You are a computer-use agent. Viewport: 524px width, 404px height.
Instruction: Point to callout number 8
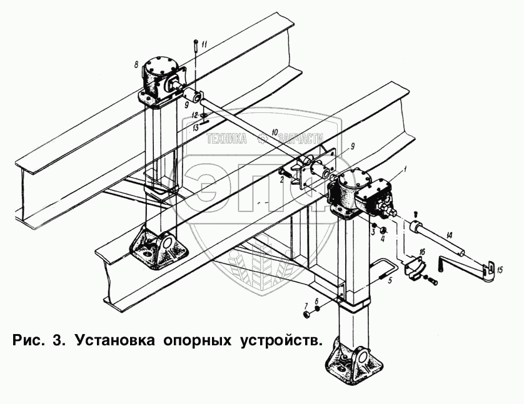[x=136, y=64]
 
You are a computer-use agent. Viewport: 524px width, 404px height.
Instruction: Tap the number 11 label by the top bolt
[x=203, y=44]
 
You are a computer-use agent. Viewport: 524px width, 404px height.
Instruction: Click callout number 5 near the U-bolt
[x=390, y=281]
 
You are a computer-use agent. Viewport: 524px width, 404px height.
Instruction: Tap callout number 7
[x=306, y=305]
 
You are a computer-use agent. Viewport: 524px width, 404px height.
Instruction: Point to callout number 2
[x=282, y=180]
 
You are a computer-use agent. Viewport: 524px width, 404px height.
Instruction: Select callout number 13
[x=196, y=126]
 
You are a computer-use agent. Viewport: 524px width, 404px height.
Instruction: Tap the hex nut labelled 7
[x=306, y=314]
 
